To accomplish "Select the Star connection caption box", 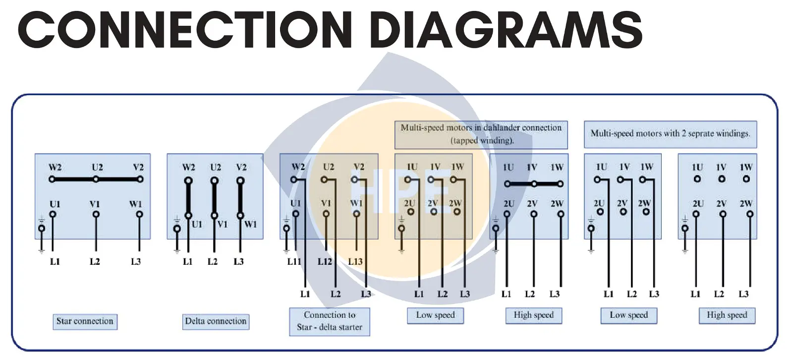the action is [x=85, y=321].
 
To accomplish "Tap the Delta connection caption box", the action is [x=216, y=321].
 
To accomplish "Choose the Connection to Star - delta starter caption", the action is [x=330, y=321].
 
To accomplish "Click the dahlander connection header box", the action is [x=481, y=134].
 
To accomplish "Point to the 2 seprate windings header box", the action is [x=670, y=134].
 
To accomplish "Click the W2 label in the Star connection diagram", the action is [x=55, y=167].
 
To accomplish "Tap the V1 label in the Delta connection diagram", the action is [x=223, y=224].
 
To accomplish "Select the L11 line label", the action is [x=294, y=262].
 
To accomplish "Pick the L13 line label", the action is [x=355, y=262].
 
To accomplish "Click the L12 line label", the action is [x=325, y=262].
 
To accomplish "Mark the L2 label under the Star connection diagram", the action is [x=95, y=262].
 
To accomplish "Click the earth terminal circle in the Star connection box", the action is [x=42, y=228].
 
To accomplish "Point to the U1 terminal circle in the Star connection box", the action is [x=53, y=214].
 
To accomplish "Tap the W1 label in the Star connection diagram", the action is [x=136, y=204].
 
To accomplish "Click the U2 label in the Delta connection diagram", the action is [x=216, y=167].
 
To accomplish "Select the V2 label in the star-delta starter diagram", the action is [x=359, y=167].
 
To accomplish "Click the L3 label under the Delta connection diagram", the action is [x=238, y=262].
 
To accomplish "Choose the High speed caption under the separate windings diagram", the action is [x=727, y=315].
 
